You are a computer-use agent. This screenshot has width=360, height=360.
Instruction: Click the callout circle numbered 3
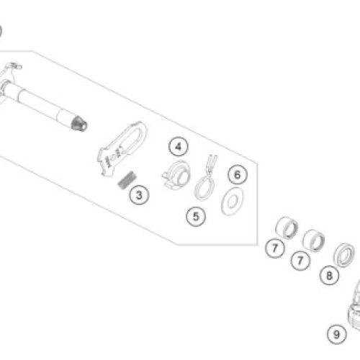pos(139,195)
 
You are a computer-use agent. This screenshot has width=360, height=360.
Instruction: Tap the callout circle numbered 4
pos(179,147)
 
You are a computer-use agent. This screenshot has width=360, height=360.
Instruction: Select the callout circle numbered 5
pos(196,217)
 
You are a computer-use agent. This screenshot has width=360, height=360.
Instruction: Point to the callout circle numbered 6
pos(238,175)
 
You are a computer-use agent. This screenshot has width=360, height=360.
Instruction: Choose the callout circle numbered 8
pos(329,275)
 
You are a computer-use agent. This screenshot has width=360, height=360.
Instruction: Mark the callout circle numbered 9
pos(337,334)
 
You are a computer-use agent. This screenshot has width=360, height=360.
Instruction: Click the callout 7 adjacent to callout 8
pos(300,261)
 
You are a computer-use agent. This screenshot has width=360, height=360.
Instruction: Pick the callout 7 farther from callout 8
pos(275,248)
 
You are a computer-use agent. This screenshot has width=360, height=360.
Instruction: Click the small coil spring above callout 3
pos(127,179)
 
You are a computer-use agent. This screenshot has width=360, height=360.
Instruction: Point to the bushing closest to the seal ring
pos(313,240)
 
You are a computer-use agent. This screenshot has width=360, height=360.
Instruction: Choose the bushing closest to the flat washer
pos(287,228)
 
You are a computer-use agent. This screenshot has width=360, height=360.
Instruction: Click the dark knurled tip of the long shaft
pos(79,124)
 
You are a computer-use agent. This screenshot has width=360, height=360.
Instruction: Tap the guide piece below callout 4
pos(176,174)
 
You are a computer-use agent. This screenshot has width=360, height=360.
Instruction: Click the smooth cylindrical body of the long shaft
pos(36,102)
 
